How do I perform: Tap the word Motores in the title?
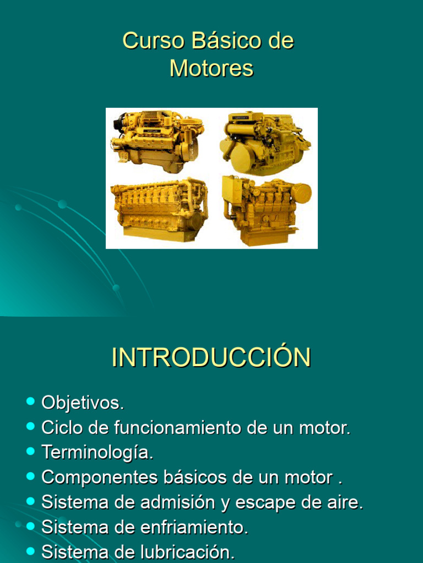click(x=211, y=68)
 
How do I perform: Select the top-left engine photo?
click(x=157, y=141)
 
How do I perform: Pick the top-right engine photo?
click(x=265, y=142)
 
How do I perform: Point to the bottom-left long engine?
click(x=159, y=209)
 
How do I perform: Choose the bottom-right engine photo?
click(x=265, y=210)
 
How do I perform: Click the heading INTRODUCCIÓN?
click(x=211, y=357)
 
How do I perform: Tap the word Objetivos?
click(x=83, y=403)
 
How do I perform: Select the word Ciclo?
click(x=61, y=428)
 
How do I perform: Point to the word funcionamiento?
click(x=178, y=428)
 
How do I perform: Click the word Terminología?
click(x=97, y=452)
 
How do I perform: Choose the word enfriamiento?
click(x=194, y=527)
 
